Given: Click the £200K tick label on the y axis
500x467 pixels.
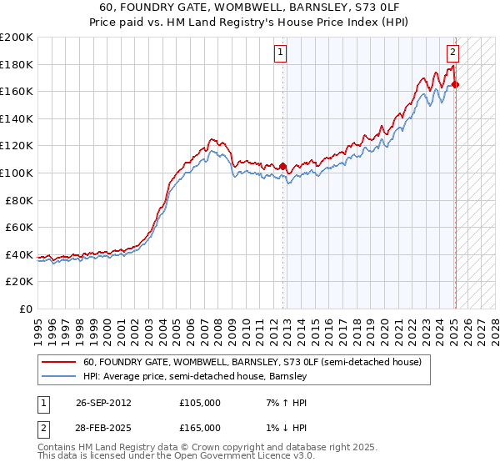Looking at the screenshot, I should pyautogui.click(x=17, y=38).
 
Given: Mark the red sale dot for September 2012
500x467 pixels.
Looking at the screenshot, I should pyautogui.click(x=283, y=166).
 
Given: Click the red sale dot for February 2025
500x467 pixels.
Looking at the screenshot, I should pyautogui.click(x=455, y=84).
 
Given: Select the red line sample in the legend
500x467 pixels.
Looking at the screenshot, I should pyautogui.click(x=58, y=363).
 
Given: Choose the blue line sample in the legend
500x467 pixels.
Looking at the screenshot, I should pyautogui.click(x=58, y=376).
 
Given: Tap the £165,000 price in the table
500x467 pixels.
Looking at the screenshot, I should pyautogui.click(x=200, y=428).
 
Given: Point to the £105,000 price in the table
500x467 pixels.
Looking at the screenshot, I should pyautogui.click(x=200, y=403).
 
